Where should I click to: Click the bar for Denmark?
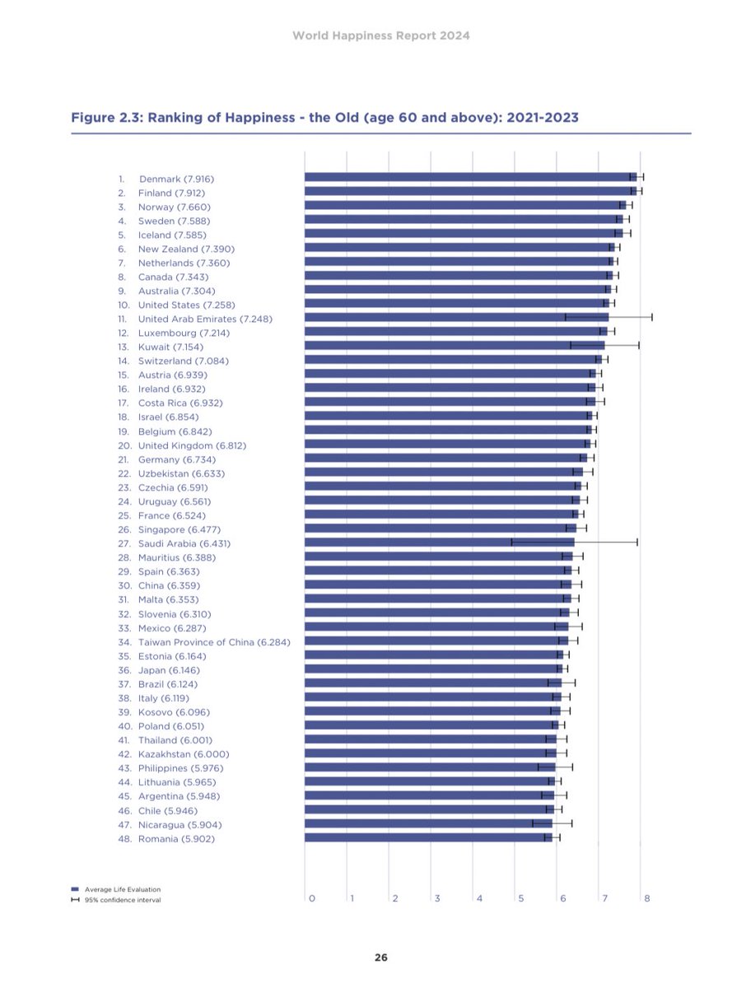pos(469,177)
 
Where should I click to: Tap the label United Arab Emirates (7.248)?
pos(205,319)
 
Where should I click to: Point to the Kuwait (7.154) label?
pos(170,347)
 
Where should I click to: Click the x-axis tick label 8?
pos(647,898)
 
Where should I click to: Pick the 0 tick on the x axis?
pos(311,898)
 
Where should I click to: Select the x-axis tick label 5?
pos(520,898)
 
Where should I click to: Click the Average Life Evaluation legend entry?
pos(122,889)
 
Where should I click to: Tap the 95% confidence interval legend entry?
pos(122,900)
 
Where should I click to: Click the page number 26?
pos(380,958)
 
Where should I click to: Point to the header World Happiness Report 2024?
pos(380,36)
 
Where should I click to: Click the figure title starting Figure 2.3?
pos(325,118)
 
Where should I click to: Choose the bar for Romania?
pos(428,837)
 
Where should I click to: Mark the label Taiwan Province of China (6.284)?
pos(213,641)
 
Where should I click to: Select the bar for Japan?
pos(433,669)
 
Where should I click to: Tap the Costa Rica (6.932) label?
pos(180,403)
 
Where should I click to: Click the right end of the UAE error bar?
pos(652,317)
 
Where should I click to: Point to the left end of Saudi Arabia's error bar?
pos(511,543)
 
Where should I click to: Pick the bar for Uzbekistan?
pos(443,473)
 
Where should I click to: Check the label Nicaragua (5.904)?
pos(180,824)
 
